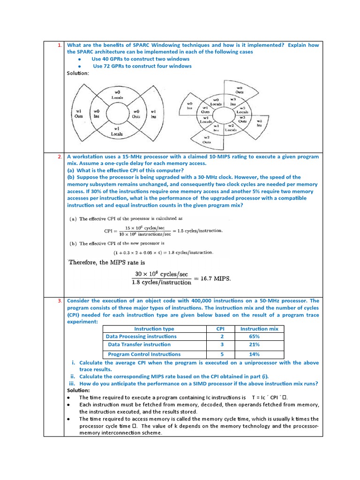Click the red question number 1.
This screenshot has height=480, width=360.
[x=60, y=45]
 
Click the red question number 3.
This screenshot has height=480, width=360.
[x=60, y=301]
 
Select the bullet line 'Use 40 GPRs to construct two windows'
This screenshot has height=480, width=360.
[x=140, y=59]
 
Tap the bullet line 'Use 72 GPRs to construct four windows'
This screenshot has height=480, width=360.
[x=142, y=66]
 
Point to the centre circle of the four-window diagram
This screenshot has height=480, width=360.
[x=223, y=112]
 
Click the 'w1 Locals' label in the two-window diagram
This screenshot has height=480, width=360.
[x=117, y=131]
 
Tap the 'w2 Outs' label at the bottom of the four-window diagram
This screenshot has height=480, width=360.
[x=207, y=140]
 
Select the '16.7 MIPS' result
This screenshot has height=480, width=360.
[x=215, y=278]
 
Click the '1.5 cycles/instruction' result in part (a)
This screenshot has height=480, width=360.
[x=200, y=231]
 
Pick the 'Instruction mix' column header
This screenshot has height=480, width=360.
[x=259, y=329]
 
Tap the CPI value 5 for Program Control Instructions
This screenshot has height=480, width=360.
[x=222, y=354]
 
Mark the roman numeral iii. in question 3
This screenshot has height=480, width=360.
[x=72, y=383]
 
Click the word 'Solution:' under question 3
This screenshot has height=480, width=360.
[x=78, y=390]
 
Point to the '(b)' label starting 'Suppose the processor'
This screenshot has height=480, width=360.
[x=71, y=177]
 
